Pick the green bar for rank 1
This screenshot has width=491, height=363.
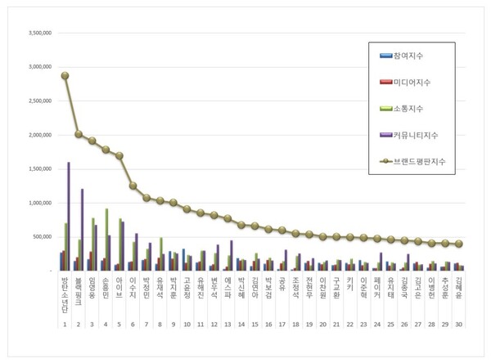pyautogui.click(x=65, y=246)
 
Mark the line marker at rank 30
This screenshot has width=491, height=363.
pyautogui.click(x=459, y=244)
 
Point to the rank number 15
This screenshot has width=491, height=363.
pyautogui.click(x=255, y=325)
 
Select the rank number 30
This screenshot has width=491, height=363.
pyautogui.click(x=459, y=325)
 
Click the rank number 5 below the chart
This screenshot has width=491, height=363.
pyautogui.click(x=119, y=325)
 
